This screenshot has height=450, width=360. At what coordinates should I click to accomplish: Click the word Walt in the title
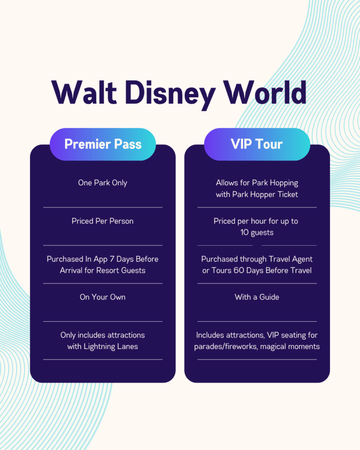click(x=84, y=92)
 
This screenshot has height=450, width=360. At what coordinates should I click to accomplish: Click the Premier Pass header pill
click(x=103, y=144)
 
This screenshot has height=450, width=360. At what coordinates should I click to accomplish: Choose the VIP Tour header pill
click(x=257, y=144)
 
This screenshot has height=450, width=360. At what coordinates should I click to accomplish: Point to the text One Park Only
click(x=102, y=183)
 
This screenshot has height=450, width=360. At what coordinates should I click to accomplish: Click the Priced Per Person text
click(x=102, y=221)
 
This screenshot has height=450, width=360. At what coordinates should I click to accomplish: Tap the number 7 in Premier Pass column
click(x=112, y=259)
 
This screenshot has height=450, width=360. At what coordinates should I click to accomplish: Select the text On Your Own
click(x=102, y=297)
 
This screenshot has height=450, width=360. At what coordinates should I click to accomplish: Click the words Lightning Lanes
click(x=110, y=347)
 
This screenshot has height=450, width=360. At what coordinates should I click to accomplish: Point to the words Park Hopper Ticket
click(x=265, y=195)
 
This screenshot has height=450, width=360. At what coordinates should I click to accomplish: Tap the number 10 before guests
click(x=244, y=232)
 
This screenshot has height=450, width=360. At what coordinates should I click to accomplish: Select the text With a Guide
click(x=257, y=297)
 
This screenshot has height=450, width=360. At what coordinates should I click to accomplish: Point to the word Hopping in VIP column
click(x=284, y=183)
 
